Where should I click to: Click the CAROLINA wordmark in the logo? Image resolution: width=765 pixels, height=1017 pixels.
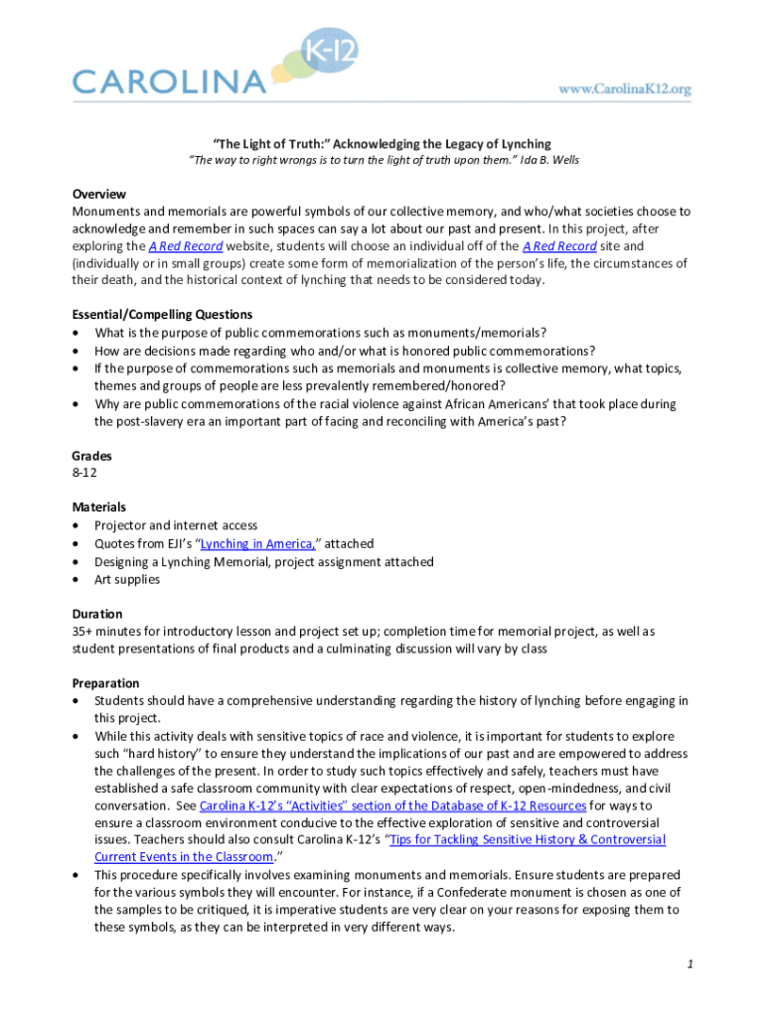coord(170,80)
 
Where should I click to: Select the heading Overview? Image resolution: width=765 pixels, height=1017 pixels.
coord(98,194)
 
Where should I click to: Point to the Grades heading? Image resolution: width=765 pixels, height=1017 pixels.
coord(91,456)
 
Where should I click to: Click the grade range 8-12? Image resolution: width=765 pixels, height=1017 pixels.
coord(84,473)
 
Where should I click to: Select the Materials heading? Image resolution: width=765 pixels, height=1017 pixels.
coord(98,508)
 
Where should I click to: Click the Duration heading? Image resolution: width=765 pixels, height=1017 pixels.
coord(97,614)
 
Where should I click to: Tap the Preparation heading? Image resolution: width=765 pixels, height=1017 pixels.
coord(106,683)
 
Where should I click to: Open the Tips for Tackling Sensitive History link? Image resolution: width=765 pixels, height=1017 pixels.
coord(528,840)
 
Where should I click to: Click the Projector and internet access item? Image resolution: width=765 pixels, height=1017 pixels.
coord(176,525)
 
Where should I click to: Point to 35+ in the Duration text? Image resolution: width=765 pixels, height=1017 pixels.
coord(82,631)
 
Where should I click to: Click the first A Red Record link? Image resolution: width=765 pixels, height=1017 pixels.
coord(186,246)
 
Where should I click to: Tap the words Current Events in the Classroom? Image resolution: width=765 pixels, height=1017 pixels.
coord(183,857)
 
